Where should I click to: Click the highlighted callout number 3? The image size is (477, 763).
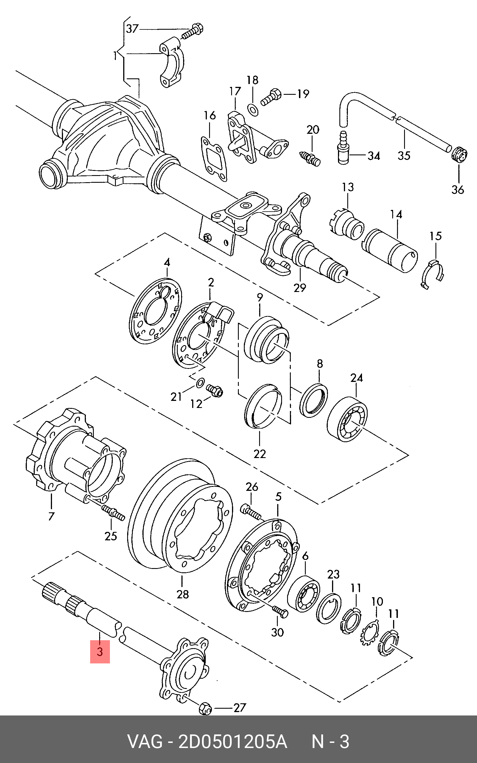pyautogui.click(x=100, y=652)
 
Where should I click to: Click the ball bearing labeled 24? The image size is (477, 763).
pyautogui.click(x=347, y=419)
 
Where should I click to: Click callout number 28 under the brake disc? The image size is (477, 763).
pyautogui.click(x=183, y=594)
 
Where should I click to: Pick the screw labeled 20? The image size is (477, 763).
pyautogui.click(x=310, y=158)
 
